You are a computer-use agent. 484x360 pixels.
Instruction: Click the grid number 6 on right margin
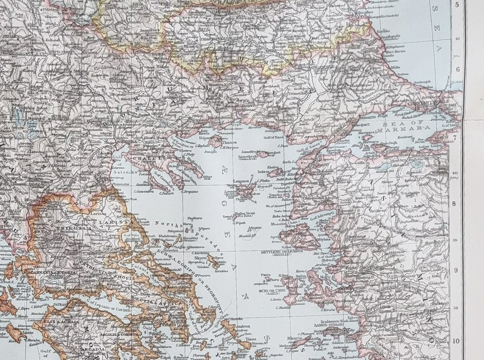click(x=456, y=69)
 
